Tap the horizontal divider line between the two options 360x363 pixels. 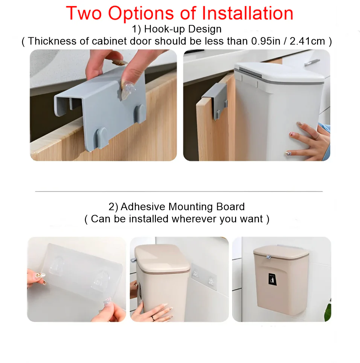coord(179,191)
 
